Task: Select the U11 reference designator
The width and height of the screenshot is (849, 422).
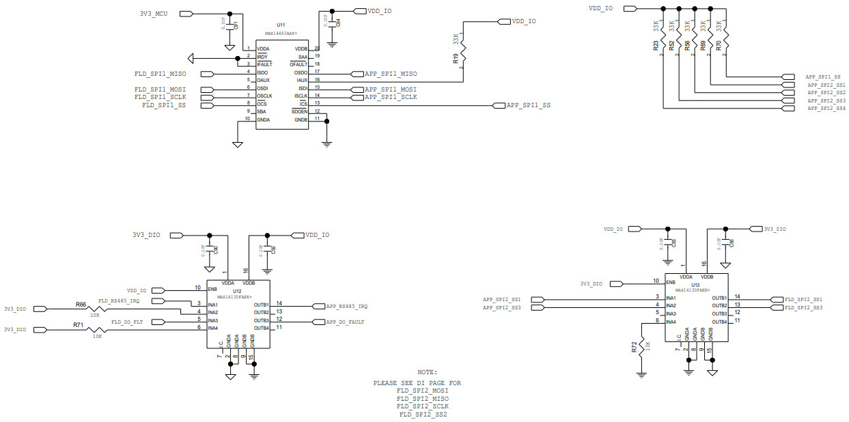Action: click(x=281, y=25)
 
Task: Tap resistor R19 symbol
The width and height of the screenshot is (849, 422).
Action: click(x=464, y=48)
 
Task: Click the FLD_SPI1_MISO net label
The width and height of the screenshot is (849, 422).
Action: click(x=161, y=74)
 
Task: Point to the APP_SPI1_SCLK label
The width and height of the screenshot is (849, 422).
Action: click(x=390, y=97)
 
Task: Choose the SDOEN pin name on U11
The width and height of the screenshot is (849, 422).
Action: click(x=299, y=111)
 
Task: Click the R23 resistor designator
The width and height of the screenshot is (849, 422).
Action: click(x=656, y=46)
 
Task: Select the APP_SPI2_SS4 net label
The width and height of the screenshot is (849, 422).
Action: click(x=826, y=109)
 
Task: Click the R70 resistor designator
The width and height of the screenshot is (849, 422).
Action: click(x=719, y=46)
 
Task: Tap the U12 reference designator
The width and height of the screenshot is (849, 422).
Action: click(x=238, y=290)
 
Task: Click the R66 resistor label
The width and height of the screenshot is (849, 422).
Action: click(x=81, y=305)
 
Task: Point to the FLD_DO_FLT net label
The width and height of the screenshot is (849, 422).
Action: click(x=127, y=321)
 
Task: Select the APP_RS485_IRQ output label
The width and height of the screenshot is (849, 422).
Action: click(x=346, y=306)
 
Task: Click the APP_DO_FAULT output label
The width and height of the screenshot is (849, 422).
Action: click(x=345, y=322)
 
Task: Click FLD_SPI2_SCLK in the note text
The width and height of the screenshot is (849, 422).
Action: click(x=423, y=406)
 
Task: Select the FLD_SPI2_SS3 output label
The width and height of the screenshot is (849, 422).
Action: click(x=803, y=308)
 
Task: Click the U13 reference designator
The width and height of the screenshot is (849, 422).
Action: click(x=695, y=284)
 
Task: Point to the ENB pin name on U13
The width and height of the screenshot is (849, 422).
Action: click(x=671, y=281)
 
